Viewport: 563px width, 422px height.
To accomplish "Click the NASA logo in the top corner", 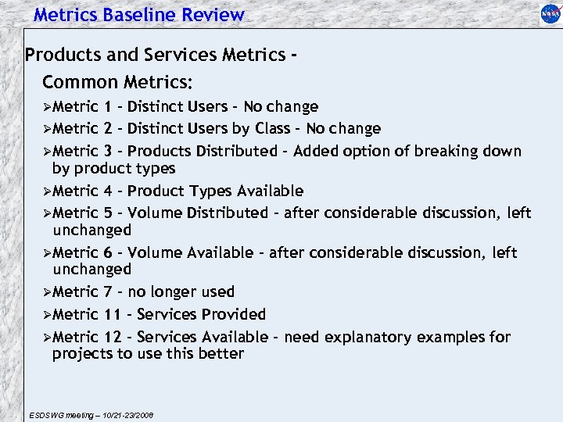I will [550, 13].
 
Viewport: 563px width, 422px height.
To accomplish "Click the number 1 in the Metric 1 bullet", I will [107, 107].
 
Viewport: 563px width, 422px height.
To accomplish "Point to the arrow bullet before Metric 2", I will [47, 129].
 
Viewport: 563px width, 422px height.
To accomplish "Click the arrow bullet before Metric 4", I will [47, 191].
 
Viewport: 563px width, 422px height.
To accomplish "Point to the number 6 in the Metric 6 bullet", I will [107, 253].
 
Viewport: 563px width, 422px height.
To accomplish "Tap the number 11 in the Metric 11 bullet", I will [111, 315].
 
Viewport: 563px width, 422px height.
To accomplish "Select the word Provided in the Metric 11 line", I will [233, 315].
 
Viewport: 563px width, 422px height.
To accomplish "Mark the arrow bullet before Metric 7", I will [47, 292].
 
